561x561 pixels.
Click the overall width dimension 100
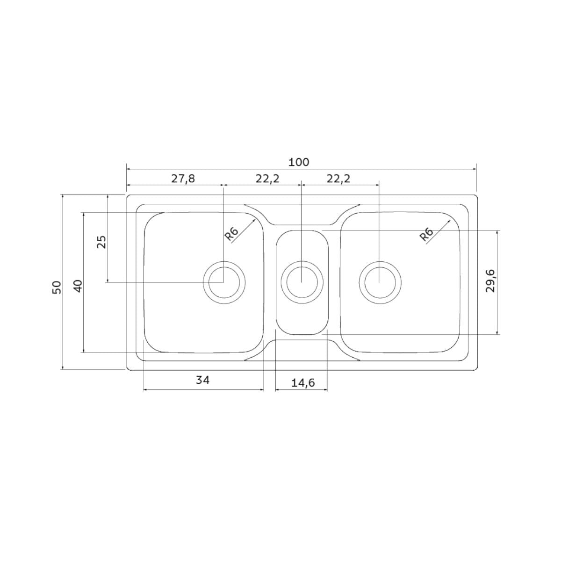pyautogui.click(x=299, y=162)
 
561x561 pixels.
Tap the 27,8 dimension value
pyautogui.click(x=183, y=179)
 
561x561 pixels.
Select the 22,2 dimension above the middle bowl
pyautogui.click(x=267, y=179)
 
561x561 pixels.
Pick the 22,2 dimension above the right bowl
pyautogui.click(x=338, y=179)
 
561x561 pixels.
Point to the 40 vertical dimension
pyautogui.click(x=78, y=286)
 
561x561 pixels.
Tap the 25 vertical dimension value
pyautogui.click(x=101, y=242)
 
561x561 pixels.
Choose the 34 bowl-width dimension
pyautogui.click(x=202, y=380)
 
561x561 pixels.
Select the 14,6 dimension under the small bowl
pyautogui.click(x=303, y=382)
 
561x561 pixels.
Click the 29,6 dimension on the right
pyautogui.click(x=490, y=280)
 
